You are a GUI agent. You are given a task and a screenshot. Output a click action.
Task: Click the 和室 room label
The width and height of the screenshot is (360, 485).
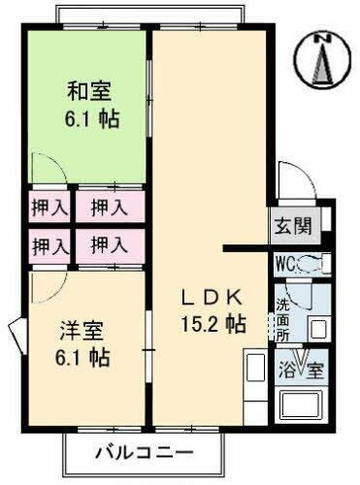click(89, 93)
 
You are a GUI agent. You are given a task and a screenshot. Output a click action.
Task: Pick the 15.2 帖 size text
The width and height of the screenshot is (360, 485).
click(210, 322)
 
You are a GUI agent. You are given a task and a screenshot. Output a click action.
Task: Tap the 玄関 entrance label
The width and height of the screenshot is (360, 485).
click(296, 227)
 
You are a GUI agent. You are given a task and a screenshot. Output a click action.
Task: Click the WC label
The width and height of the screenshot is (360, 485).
click(285, 263)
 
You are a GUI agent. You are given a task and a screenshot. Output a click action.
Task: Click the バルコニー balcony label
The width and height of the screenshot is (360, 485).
click(144, 451)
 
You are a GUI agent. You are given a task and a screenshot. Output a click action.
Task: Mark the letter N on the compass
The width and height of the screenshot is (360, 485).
click(326, 38)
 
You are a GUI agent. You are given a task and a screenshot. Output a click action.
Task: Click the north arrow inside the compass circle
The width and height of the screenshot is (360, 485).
click(325, 64)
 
